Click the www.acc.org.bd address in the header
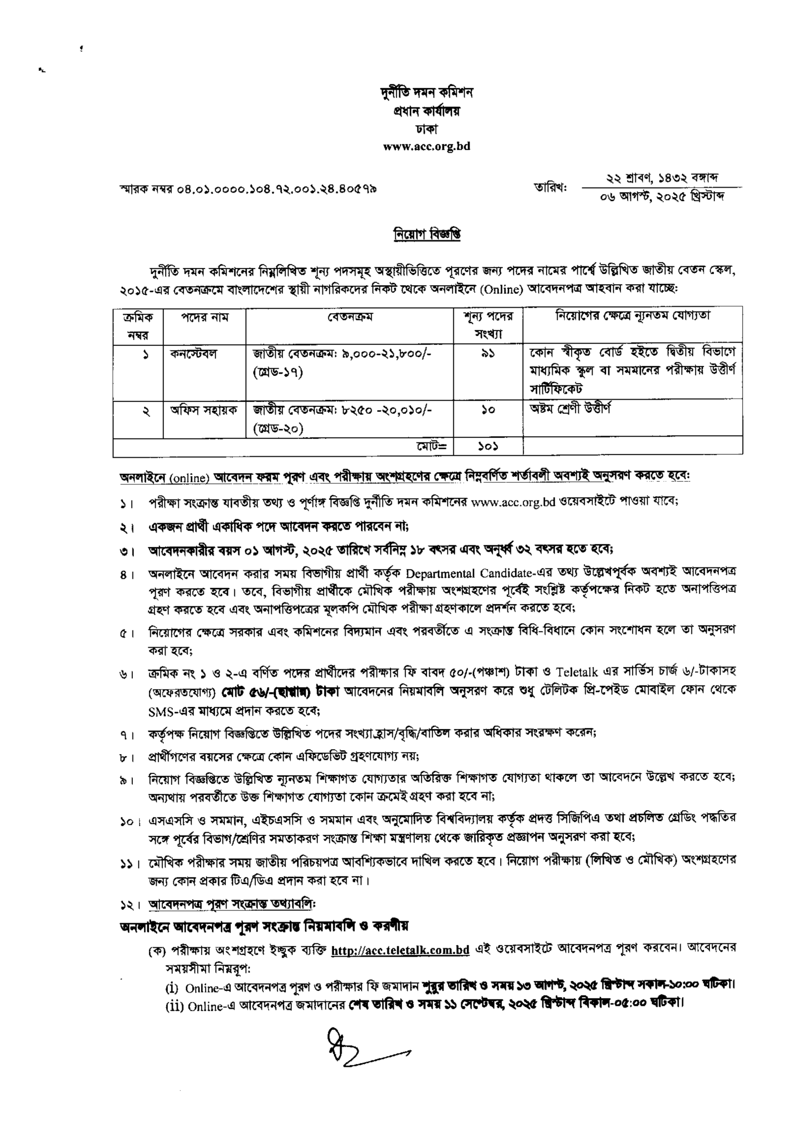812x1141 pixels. pos(426,147)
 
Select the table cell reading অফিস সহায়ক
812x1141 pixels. pos(204,409)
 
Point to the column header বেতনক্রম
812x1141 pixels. pos(350,317)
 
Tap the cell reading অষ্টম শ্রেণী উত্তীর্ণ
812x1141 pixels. pos(570,408)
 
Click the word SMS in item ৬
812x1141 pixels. pos(160,710)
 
